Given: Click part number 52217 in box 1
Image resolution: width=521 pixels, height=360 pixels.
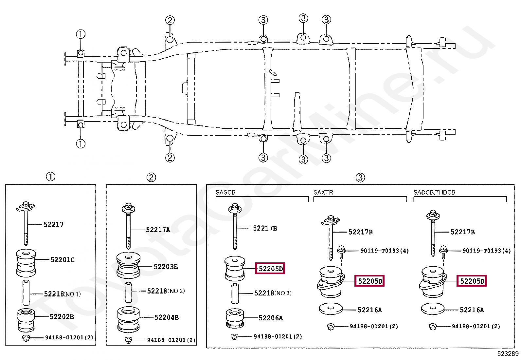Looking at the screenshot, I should [53, 224].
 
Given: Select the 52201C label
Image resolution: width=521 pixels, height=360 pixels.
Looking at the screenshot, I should [62, 260].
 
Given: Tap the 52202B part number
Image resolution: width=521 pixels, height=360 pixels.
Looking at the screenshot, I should [62, 317].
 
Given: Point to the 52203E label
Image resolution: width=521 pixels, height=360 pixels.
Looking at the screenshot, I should [166, 267].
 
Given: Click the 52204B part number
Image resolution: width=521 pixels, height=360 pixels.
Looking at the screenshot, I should [166, 317].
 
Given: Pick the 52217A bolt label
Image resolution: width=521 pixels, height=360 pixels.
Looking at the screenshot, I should [158, 230].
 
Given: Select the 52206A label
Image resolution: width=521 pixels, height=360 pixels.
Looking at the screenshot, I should [270, 318].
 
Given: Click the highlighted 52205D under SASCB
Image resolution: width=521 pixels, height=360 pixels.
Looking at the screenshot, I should [270, 269].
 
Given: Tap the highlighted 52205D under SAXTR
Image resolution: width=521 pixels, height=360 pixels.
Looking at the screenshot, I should [369, 281].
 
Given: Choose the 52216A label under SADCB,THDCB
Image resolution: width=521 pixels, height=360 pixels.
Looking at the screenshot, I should [472, 310].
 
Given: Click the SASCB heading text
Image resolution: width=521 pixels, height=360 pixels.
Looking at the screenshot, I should [225, 192].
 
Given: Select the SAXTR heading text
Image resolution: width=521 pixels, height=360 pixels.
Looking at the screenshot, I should [323, 192].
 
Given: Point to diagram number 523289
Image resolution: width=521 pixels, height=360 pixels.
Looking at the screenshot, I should [508, 354].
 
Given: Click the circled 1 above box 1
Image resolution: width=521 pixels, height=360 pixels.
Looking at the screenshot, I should [50, 177].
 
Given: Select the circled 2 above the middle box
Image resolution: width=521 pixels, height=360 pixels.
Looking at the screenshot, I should [151, 178].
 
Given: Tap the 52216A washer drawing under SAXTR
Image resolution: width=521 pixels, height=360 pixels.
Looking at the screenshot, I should [331, 309].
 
